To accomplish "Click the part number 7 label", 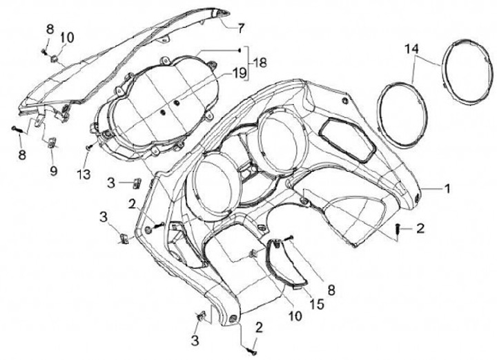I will (x=241, y=28).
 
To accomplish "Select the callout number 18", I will (x=259, y=62).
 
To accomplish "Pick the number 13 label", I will (x=84, y=174).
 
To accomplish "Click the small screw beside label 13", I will (x=90, y=147).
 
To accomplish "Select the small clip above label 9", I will (x=52, y=143).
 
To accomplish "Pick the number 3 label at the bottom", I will (x=195, y=339).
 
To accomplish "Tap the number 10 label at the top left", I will (x=69, y=37).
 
